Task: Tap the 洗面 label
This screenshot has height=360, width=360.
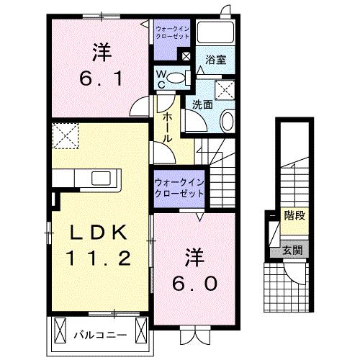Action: [x=202, y=104]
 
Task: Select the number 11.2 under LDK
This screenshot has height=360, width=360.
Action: [x=99, y=257]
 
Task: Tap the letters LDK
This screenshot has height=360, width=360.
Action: [x=99, y=233]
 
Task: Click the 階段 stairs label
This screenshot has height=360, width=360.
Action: [x=293, y=215]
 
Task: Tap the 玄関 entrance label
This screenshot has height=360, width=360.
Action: [x=292, y=250]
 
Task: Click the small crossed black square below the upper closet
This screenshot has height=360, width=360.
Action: [x=186, y=56]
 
